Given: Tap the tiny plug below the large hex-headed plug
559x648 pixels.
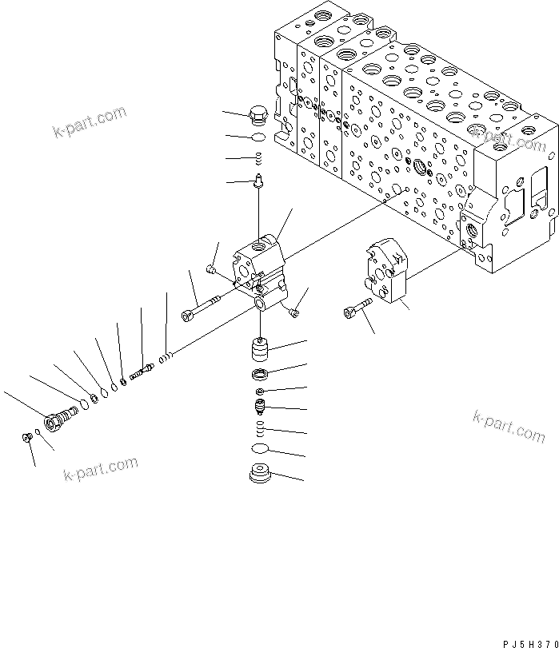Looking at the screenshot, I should pos(27,436).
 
